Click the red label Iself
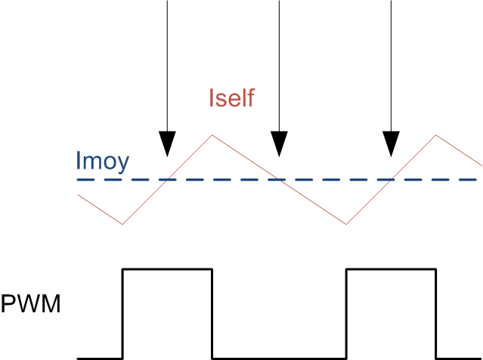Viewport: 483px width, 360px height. pos(231,98)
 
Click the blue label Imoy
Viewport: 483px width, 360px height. pos(102,160)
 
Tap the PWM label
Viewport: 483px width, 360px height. pos(30,306)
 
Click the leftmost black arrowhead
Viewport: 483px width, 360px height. pos(167,143)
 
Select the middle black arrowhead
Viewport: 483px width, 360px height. pos(280,143)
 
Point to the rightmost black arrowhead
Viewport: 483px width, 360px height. pos(391,143)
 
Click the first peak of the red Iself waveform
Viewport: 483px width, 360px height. pos(212,135)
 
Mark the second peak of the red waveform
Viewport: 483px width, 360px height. pos(436,135)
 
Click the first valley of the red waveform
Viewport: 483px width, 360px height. pos(122,224)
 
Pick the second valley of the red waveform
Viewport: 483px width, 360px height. pos(346,224)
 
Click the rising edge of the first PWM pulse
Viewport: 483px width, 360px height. pos(122,313)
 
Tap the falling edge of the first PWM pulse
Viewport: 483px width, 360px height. pos(212,313)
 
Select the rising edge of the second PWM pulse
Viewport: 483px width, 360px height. pos(346,313)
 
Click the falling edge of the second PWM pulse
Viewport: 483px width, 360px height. pos(436,313)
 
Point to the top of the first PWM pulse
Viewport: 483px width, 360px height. pos(167,268)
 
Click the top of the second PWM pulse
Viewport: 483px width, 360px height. pos(391,268)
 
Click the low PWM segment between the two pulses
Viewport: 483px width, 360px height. pos(279,357)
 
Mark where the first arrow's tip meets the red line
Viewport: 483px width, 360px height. pos(167,157)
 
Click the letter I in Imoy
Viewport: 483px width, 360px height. pos(78,160)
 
